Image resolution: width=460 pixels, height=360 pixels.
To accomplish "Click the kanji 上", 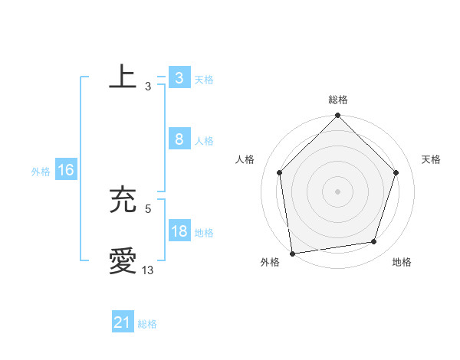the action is (x=123, y=77).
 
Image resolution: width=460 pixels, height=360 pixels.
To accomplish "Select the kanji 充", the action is (x=123, y=201).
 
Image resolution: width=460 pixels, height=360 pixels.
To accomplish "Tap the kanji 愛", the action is (x=123, y=261).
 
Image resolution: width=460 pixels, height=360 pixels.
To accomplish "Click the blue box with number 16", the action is (x=65, y=170).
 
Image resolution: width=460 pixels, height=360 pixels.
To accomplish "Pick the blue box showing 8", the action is (x=179, y=139).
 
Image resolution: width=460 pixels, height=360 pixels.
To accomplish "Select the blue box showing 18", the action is (x=179, y=231).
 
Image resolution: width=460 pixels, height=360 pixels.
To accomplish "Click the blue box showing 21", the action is (x=122, y=322).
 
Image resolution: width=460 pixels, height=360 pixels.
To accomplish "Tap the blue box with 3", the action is (x=179, y=78).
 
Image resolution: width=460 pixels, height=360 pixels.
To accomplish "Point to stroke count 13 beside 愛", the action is (x=148, y=270).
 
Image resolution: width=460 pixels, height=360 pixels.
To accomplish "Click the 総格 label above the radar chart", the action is (x=338, y=100).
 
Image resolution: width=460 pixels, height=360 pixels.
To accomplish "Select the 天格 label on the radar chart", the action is (x=432, y=159).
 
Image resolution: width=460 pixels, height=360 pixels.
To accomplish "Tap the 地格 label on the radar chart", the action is (x=402, y=262).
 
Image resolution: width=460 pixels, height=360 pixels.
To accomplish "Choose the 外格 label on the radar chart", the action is (x=270, y=262).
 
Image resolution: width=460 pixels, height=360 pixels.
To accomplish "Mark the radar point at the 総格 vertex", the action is (x=338, y=116).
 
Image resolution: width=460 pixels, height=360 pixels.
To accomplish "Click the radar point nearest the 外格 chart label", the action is (x=292, y=252).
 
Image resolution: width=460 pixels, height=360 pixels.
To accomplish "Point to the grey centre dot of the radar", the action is (x=338, y=191).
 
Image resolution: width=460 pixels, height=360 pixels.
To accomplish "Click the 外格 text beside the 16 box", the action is (x=41, y=172).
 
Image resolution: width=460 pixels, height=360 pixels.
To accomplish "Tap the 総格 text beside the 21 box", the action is (x=147, y=324).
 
